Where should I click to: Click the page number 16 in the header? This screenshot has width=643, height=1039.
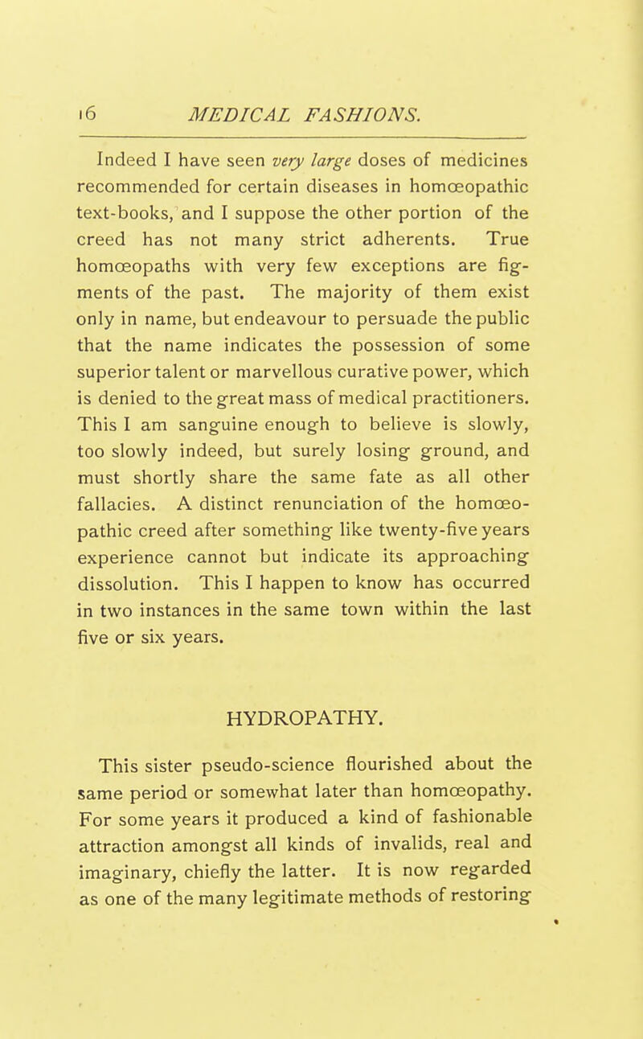pyautogui.click(x=110, y=93)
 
